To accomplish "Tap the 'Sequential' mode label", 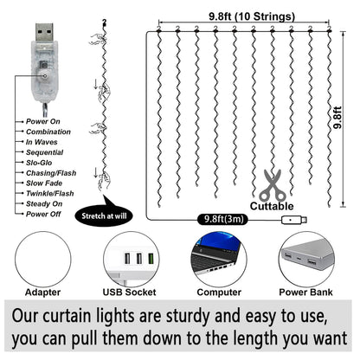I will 45,151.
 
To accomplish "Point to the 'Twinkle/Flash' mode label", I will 50,193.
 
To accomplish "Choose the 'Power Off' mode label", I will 42,214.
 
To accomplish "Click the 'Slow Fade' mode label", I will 44,183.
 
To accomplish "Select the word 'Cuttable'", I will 273,206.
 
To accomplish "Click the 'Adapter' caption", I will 43,292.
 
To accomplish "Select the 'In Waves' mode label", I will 42,141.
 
